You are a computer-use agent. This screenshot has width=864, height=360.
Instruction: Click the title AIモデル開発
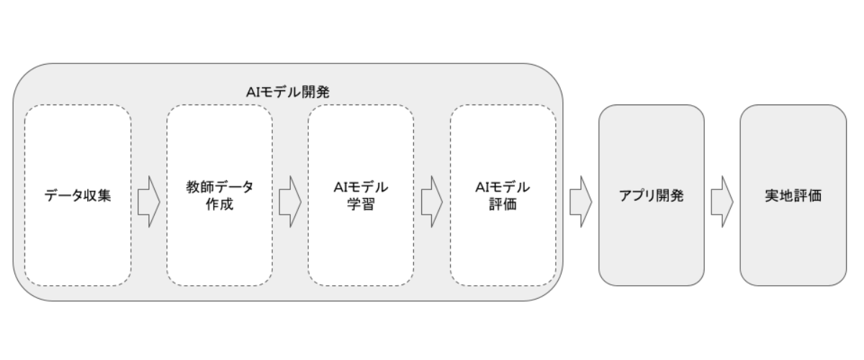[x=288, y=92]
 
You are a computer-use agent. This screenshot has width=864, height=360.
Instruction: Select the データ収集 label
[x=78, y=195]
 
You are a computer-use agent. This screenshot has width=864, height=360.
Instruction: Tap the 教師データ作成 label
[x=220, y=195]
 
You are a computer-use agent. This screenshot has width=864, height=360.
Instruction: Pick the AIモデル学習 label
[x=361, y=195]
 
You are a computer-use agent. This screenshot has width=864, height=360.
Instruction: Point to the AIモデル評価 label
[x=503, y=195]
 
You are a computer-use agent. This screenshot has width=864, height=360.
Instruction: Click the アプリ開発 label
[x=651, y=195]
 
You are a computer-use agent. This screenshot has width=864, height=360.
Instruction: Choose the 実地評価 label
[x=793, y=195]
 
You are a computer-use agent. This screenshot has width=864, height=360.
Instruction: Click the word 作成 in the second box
[x=220, y=204]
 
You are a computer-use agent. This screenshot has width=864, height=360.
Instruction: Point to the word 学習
[x=361, y=204]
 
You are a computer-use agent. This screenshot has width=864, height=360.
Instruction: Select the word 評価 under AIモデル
[x=503, y=204]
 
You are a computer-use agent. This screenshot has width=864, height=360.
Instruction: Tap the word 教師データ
[x=220, y=187]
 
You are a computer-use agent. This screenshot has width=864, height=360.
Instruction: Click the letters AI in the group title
[x=251, y=92]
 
